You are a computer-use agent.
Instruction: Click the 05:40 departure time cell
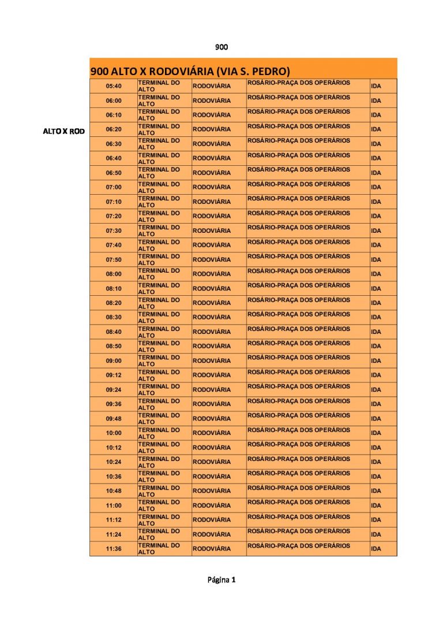point(114,86)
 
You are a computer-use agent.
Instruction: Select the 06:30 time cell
point(114,144)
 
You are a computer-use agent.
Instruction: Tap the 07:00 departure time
point(114,187)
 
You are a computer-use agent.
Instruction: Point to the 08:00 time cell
point(114,274)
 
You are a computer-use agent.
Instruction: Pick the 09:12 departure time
point(114,375)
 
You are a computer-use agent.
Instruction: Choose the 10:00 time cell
point(114,433)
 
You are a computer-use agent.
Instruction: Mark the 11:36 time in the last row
point(114,549)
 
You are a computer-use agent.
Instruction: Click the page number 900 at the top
point(221,47)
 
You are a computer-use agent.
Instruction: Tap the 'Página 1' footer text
point(221,579)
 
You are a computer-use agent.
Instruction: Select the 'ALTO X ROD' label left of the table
point(63,131)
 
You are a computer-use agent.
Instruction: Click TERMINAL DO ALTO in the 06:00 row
point(159,101)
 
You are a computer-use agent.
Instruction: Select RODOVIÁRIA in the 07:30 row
point(211,231)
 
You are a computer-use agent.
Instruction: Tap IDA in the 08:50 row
point(376,346)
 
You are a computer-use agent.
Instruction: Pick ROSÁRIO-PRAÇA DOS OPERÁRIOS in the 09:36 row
point(299,401)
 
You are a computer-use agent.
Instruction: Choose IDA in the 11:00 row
point(376,506)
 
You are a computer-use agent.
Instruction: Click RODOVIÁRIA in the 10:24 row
point(211,462)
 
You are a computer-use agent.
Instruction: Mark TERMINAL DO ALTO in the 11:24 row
point(159,534)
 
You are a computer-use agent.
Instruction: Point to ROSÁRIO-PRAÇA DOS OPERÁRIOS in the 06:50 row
point(299,170)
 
